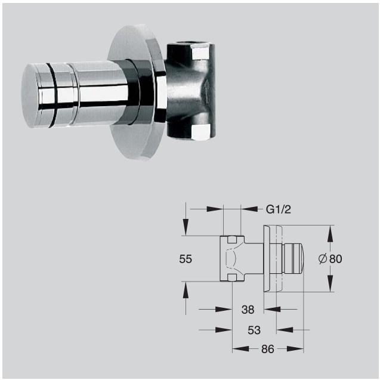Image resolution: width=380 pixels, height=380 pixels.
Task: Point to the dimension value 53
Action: pyautogui.click(x=254, y=330)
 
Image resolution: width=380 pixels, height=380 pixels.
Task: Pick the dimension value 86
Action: pyautogui.click(x=267, y=350)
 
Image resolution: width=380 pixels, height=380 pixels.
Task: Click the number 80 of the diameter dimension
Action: pyautogui.click(x=335, y=259)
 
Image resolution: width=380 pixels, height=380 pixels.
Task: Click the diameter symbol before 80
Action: pyautogui.click(x=322, y=259)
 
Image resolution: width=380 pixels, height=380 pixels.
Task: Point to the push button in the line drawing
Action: pyautogui.click(x=294, y=258)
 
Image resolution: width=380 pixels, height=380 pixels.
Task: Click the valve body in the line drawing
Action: pyautogui.click(x=234, y=259)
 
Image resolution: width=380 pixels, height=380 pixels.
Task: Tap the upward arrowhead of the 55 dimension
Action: pyautogui.click(x=186, y=289)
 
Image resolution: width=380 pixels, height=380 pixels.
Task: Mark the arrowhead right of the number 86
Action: pyautogui.click(x=301, y=350)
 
